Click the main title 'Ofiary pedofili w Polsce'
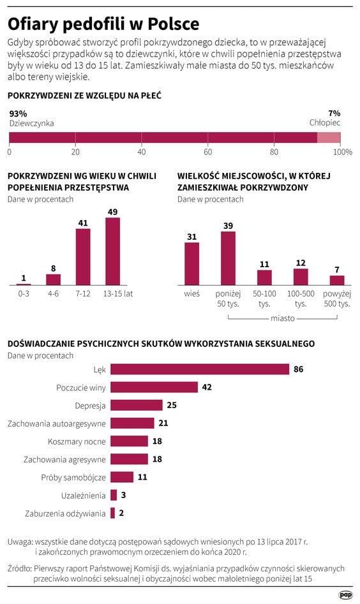103,24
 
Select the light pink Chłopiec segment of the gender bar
329,138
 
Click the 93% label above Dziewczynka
18,114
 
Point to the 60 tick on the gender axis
207,152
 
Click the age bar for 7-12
83,256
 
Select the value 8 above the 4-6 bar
53,269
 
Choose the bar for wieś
191,263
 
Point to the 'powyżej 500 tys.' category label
336,298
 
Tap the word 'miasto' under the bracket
282,318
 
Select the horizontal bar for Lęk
200,369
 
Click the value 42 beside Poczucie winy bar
206,387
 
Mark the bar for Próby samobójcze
122,477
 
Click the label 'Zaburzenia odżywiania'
65,513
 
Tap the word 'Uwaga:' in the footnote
20,541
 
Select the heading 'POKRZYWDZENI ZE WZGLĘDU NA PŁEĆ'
84,96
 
